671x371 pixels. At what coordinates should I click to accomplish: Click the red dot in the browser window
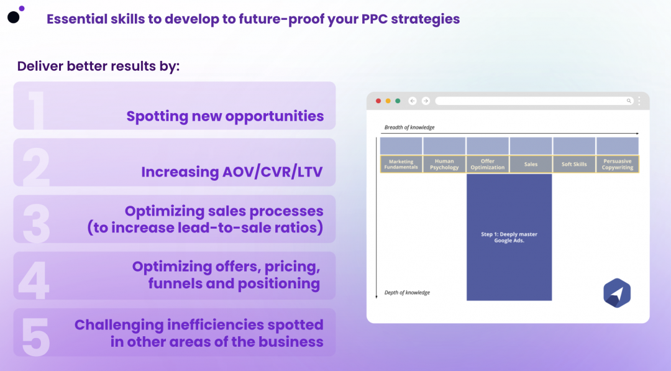point(378,101)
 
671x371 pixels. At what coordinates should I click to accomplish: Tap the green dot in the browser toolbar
point(398,101)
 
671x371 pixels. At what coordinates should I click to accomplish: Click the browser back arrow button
point(413,101)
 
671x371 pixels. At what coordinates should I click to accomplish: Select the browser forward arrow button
point(426,101)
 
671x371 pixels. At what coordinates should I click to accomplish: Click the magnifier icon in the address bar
point(629,101)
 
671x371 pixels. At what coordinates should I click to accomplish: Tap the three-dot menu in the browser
point(639,101)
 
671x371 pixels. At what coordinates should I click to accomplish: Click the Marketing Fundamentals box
point(401,164)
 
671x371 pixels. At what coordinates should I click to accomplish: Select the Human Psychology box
point(444,164)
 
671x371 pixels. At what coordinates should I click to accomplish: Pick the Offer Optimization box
point(488,164)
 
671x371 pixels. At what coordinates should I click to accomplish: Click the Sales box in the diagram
point(531,164)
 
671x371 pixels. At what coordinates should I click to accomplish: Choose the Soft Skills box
point(574,164)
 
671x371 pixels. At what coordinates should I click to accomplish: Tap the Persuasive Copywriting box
point(618,164)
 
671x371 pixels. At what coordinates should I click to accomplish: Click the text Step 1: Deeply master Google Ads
point(509,237)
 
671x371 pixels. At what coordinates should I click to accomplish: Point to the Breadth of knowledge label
point(409,127)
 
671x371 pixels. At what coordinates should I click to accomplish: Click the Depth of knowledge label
point(407,293)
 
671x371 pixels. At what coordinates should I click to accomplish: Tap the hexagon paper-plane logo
point(617,293)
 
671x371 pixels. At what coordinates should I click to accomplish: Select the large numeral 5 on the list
point(35,337)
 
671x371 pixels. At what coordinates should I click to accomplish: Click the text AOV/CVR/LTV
point(272,172)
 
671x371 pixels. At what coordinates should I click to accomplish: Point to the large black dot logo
point(14,17)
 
